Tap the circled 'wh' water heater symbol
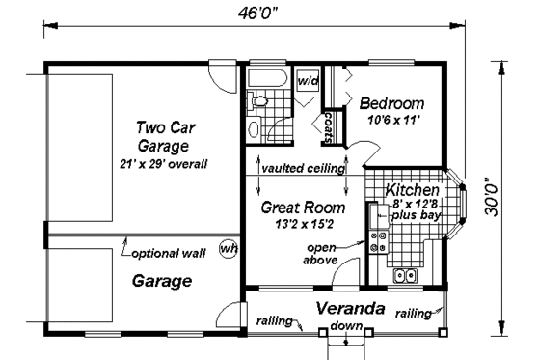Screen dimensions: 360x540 pos(229,247)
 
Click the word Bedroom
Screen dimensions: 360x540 pos(391,103)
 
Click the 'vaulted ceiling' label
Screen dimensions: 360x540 pos(303,168)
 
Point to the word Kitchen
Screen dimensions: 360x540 pos(414,191)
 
